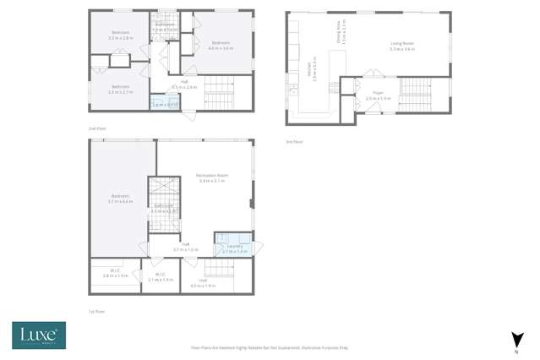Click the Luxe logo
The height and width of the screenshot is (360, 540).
(37, 335)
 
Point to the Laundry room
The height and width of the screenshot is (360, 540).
(234, 248)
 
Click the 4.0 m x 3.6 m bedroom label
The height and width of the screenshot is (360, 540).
(221, 45)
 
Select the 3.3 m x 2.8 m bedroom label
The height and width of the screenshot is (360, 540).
(121, 35)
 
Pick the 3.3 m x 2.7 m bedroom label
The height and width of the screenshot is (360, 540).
(121, 89)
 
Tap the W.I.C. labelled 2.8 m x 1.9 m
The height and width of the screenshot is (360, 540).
(115, 275)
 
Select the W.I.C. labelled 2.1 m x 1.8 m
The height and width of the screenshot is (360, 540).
(160, 277)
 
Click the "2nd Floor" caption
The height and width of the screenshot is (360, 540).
(97, 128)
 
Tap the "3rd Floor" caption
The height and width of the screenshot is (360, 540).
(293, 141)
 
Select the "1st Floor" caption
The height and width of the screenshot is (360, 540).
(96, 312)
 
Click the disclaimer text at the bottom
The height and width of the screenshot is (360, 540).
(270, 347)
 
